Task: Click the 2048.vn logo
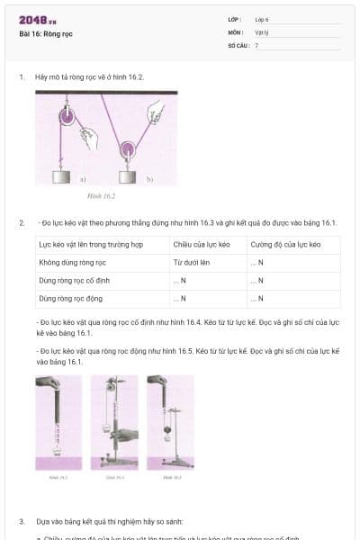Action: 38,20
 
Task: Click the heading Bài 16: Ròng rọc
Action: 46,33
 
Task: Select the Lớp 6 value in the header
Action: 262,19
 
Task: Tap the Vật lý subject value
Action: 263,31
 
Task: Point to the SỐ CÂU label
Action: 237,44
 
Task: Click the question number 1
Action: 22,77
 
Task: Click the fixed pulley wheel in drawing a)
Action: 66,115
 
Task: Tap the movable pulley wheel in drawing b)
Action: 128,148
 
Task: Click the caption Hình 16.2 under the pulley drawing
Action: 101,195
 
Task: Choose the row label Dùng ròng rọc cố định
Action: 78,280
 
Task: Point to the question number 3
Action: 22,521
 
